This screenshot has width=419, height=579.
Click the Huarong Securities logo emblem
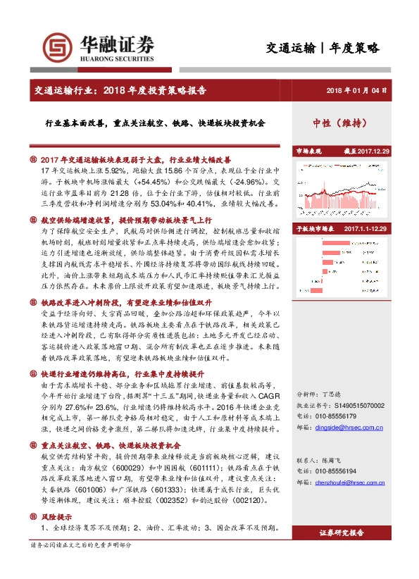(57, 47)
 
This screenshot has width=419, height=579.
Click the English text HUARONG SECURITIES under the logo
(113, 61)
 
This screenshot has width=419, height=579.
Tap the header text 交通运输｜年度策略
(323, 48)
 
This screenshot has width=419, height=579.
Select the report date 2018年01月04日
(357, 90)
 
